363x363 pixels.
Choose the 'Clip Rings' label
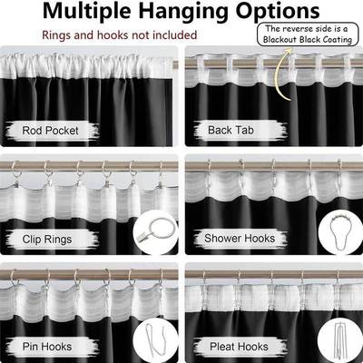(x=57, y=240)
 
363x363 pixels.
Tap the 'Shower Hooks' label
(x=240, y=240)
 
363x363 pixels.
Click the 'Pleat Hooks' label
(x=238, y=346)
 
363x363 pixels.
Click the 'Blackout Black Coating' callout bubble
(x=309, y=33)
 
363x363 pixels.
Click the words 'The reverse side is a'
(x=309, y=27)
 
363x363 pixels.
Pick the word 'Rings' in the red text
(x=58, y=35)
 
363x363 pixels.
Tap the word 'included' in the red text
(x=175, y=35)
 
